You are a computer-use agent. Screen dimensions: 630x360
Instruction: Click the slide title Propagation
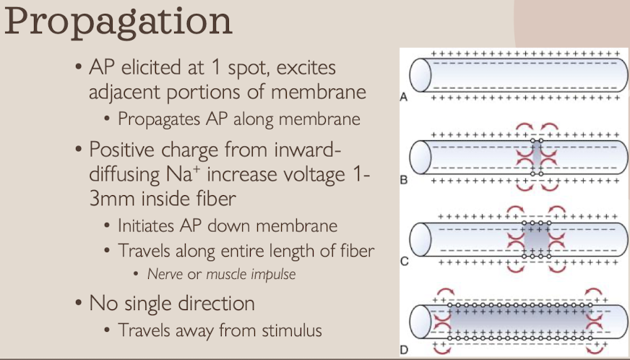[118, 23]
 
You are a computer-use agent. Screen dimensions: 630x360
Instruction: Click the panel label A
[405, 96]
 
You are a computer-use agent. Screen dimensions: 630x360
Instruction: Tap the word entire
[264, 251]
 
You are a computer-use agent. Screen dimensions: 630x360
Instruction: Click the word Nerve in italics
[165, 275]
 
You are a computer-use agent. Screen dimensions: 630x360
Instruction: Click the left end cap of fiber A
[419, 74]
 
